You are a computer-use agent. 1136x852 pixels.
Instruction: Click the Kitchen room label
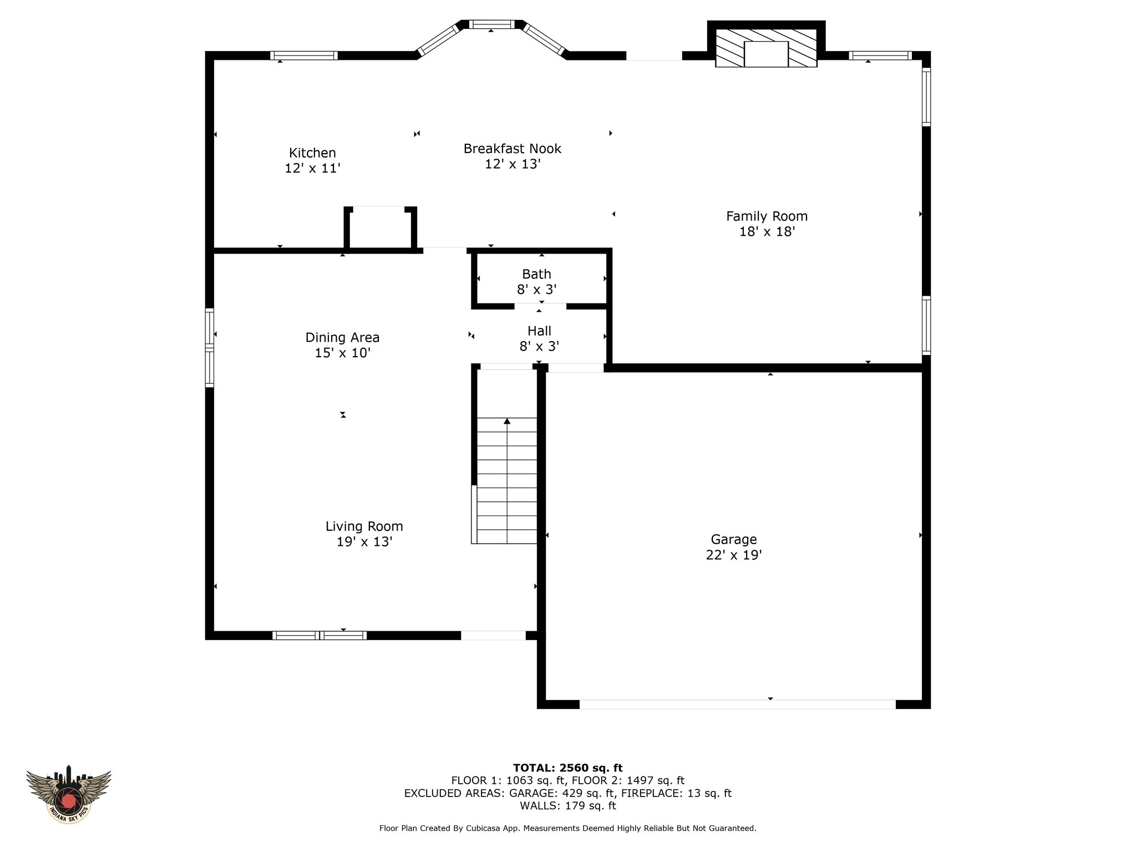click(x=312, y=153)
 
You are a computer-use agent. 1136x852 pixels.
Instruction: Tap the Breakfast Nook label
click(x=513, y=149)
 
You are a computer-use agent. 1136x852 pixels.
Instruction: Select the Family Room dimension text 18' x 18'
click(x=767, y=232)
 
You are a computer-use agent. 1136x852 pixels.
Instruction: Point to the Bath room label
click(x=536, y=274)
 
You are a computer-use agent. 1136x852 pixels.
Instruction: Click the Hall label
click(x=539, y=331)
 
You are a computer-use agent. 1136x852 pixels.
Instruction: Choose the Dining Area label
click(x=342, y=337)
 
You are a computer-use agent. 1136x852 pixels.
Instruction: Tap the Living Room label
click(x=364, y=526)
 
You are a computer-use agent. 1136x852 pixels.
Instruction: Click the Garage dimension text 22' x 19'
click(x=734, y=555)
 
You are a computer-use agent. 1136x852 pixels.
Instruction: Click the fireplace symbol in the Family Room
click(x=766, y=48)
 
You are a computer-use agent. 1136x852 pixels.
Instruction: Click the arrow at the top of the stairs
click(x=507, y=422)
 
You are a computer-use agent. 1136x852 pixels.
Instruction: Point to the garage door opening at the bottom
click(x=737, y=704)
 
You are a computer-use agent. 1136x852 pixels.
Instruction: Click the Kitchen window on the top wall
click(x=304, y=55)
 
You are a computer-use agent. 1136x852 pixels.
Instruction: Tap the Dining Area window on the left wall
click(x=210, y=348)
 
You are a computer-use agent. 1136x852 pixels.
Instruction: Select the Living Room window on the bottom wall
click(x=319, y=635)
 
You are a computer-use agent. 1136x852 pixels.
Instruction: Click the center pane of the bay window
click(x=491, y=24)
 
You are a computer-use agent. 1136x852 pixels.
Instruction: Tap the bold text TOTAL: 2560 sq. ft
click(x=568, y=768)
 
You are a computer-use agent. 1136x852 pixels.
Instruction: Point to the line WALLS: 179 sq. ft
click(x=568, y=806)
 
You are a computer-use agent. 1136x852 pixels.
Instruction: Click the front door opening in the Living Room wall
click(x=493, y=635)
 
